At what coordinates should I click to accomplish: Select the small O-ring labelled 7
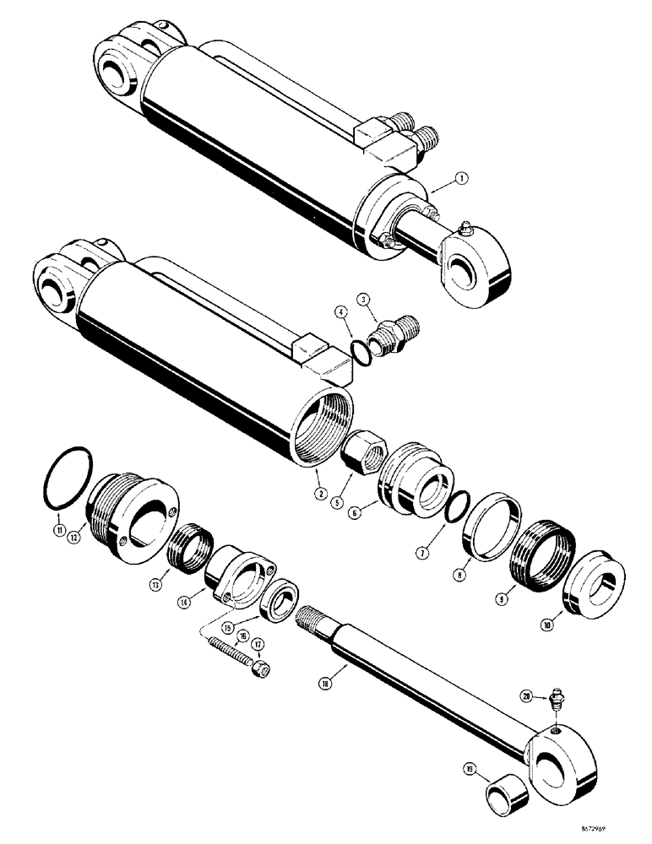(456, 510)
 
